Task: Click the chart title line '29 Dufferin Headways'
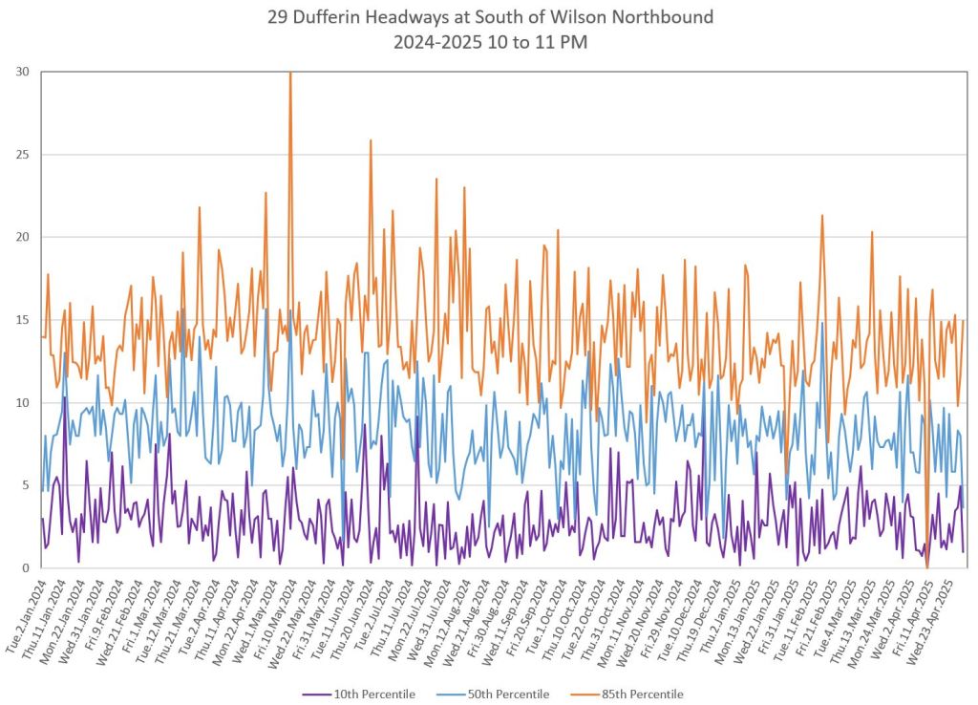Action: pos(488,17)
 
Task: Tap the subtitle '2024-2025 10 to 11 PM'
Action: pos(488,41)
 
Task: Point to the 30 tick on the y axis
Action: pos(21,72)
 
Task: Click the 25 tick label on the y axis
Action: pos(21,155)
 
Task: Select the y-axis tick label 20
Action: pos(21,237)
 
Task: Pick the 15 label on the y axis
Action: pos(21,320)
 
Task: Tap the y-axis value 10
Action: pos(21,403)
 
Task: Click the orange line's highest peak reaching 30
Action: pos(290,74)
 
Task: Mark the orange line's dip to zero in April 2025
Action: pos(926,566)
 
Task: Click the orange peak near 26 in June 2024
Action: pos(371,140)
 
